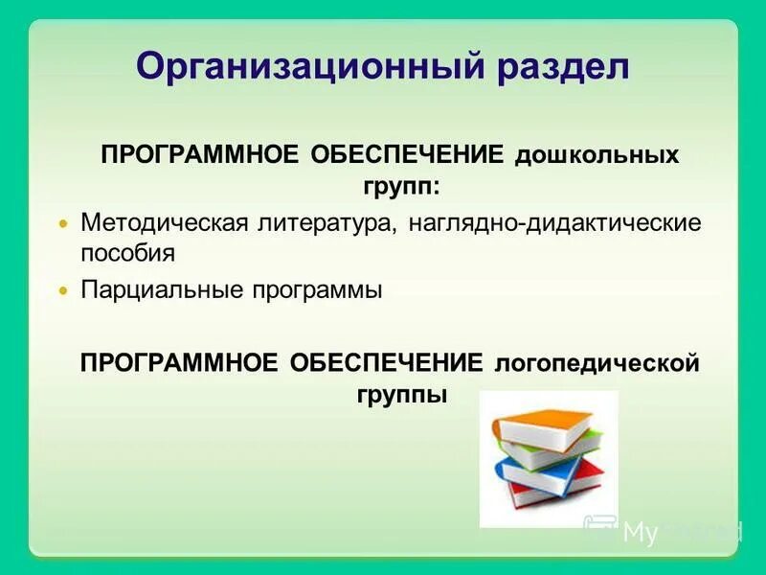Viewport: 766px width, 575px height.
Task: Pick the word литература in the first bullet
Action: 325,224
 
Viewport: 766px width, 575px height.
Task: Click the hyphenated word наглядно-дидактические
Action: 554,224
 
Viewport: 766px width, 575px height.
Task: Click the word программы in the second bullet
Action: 317,290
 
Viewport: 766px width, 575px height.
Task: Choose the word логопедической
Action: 597,365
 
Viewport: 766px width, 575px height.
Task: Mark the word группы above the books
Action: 402,394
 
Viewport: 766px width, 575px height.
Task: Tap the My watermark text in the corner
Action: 640,533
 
